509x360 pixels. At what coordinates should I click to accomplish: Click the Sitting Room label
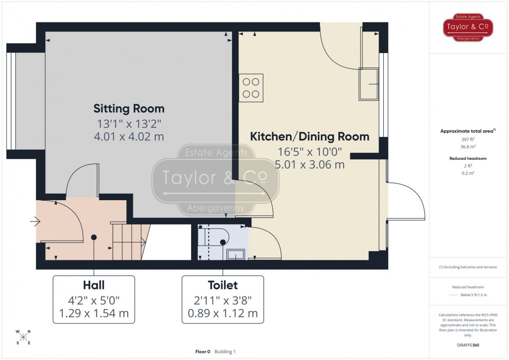pos(129,109)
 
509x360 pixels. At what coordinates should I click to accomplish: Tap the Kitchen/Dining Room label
pos(309,136)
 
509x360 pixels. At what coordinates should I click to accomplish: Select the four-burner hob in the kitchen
pos(251,88)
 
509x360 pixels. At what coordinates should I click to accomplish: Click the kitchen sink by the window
pos(369,84)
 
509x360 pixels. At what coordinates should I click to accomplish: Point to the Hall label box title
pos(94,285)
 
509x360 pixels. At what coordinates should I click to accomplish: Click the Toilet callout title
pos(223,285)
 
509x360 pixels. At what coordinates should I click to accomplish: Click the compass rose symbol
pos(23,337)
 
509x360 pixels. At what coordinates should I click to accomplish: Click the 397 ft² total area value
pos(469,139)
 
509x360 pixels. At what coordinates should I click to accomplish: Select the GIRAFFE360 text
pos(469,345)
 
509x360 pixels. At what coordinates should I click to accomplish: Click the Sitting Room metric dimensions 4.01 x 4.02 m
pos(129,136)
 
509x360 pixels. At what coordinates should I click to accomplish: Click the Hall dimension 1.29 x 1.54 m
pos(94,314)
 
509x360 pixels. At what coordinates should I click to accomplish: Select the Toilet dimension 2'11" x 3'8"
pos(223,300)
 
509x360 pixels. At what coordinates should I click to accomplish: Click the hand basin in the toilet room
pos(235,255)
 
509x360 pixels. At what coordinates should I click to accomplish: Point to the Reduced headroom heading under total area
pos(469,158)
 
